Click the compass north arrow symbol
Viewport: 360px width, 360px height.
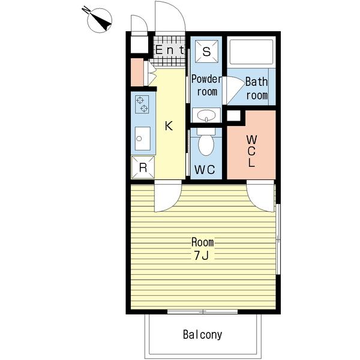(100, 20)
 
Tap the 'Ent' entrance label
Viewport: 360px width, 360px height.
(170, 50)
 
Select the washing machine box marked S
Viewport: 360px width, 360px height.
(206, 52)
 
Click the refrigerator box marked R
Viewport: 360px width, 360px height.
(143, 167)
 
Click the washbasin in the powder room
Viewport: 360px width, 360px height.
(206, 115)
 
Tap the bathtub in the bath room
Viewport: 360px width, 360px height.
(251, 52)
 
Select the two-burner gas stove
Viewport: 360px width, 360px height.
(142, 104)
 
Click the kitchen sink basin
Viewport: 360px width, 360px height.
(143, 139)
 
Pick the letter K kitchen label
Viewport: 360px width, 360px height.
(169, 126)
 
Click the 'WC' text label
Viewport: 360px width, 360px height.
(205, 170)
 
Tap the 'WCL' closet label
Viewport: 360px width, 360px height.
(251, 151)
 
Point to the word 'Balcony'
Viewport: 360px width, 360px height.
(203, 335)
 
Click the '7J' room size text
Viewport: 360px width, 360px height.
(201, 256)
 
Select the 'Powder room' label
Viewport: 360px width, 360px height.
(206, 85)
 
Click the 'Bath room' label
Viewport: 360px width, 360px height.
(257, 88)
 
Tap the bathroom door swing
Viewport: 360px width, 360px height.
(234, 90)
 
